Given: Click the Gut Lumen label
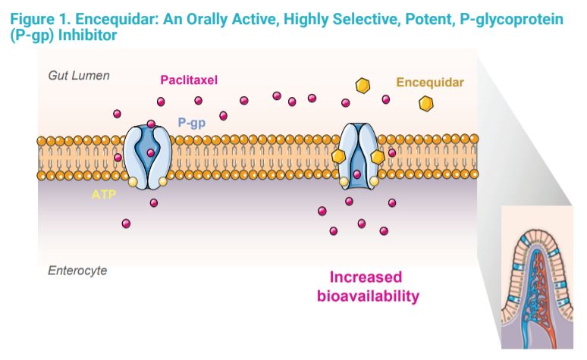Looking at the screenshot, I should tap(79, 76).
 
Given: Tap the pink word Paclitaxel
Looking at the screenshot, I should tap(190, 80).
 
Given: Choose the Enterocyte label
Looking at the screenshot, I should tap(77, 271).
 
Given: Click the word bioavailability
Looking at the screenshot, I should tap(367, 296).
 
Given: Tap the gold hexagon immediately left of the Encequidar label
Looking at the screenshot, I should tap(364, 85).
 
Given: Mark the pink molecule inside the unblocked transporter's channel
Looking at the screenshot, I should tap(151, 153).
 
